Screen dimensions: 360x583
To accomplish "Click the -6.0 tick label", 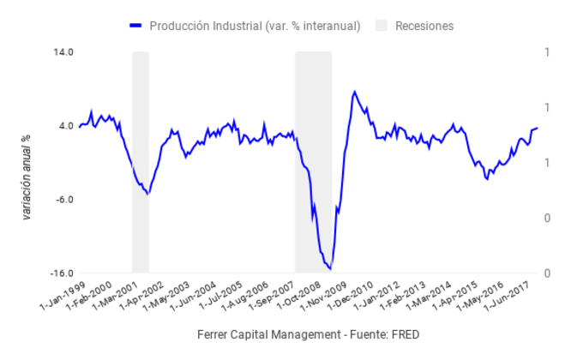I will coord(64,200).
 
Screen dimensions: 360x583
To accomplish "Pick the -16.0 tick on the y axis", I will coord(62,273).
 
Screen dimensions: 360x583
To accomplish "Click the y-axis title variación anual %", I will coord(27,176).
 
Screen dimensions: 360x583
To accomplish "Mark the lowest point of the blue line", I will coord(330,269).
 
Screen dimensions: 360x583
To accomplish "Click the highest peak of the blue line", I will coord(353,91).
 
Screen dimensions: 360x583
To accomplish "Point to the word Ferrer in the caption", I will coord(213,333).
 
